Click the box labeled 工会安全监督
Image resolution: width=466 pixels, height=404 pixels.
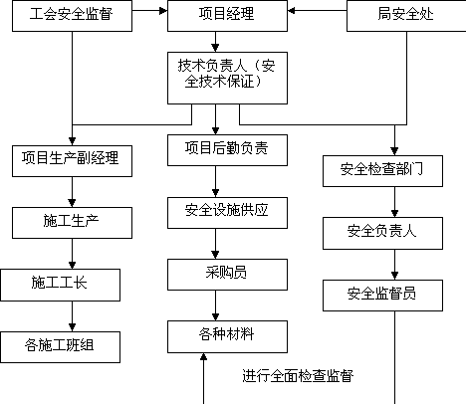pyautogui.click(x=72, y=16)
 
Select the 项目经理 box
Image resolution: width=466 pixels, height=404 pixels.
pyautogui.click(x=227, y=16)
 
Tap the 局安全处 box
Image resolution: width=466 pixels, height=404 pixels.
pyautogui.click(x=406, y=16)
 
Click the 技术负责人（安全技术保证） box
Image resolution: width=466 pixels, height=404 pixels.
pyautogui.click(x=227, y=78)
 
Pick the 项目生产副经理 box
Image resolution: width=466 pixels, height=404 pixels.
pyautogui.click(x=72, y=161)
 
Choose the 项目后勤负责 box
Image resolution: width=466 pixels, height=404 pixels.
pyautogui.click(x=227, y=150)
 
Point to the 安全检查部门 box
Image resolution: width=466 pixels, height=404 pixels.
pyautogui.click(x=382, y=171)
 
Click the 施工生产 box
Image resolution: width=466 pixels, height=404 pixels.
pyautogui.click(x=72, y=223)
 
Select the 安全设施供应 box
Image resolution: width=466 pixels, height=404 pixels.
pyautogui.click(x=227, y=213)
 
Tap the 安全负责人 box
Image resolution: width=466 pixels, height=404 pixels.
pyautogui.click(x=382, y=233)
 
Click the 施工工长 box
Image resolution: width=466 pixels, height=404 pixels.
pyautogui.click(x=60, y=285)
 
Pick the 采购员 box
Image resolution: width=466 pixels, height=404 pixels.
pyautogui.click(x=227, y=275)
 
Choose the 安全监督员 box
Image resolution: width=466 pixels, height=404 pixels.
pyautogui.click(x=382, y=296)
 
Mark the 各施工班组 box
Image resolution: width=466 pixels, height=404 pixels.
pyautogui.click(x=60, y=347)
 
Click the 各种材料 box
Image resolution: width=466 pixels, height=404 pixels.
pyautogui.click(x=227, y=336)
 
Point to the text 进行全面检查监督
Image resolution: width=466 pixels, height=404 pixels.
pyautogui.click(x=298, y=376)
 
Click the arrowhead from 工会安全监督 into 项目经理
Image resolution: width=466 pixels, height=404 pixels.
pyautogui.click(x=163, y=11)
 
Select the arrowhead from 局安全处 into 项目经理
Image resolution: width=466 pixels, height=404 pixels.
pyautogui.click(x=292, y=11)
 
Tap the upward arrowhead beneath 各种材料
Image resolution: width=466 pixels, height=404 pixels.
pyautogui.click(x=203, y=357)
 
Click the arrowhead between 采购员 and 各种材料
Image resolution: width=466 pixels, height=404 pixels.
pyautogui.click(x=215, y=316)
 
